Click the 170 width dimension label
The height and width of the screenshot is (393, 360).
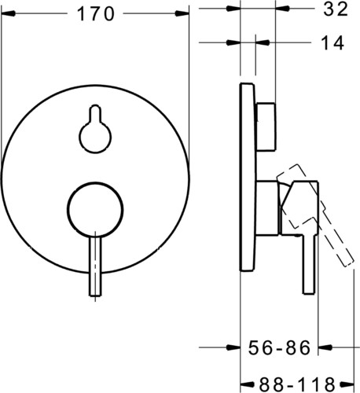[96, 14]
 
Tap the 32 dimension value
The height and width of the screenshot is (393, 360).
[336, 9]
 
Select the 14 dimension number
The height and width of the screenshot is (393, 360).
[332, 42]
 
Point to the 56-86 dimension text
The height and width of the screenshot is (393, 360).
[279, 347]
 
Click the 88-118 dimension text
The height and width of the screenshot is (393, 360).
[297, 384]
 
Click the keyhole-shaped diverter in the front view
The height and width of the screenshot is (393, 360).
[95, 129]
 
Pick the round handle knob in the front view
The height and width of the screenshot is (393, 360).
[95, 210]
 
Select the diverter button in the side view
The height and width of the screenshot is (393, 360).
[266, 127]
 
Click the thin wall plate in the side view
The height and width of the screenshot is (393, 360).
[248, 178]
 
